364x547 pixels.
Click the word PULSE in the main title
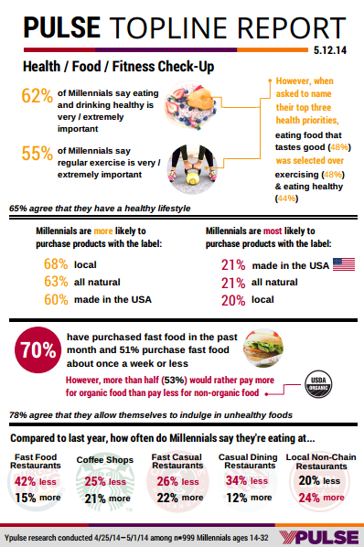tap(61, 27)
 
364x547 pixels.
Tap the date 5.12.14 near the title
tap(330, 50)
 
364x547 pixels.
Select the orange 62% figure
tap(37, 95)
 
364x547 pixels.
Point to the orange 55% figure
tap(37, 153)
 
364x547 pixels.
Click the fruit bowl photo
tap(190, 105)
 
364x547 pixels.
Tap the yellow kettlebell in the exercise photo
tap(192, 177)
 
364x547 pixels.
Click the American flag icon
tap(344, 264)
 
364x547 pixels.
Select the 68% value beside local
tap(56, 264)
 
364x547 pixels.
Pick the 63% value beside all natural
tap(56, 282)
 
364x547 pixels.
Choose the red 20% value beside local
tap(233, 300)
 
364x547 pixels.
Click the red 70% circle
tap(38, 350)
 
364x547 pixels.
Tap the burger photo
tap(263, 349)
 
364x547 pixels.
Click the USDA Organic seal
tap(318, 384)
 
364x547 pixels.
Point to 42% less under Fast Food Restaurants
tap(36, 482)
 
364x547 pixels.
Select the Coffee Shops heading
tap(105, 460)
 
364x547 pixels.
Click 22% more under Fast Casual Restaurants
tap(180, 498)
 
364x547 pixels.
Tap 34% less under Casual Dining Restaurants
tap(247, 481)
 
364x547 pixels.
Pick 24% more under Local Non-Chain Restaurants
tap(321, 498)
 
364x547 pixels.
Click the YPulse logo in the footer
tap(318, 538)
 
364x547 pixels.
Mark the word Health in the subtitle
tap(41, 66)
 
